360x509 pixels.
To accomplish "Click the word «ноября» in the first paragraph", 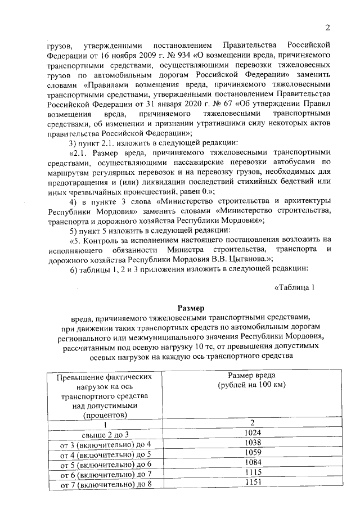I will tap(115, 55).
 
